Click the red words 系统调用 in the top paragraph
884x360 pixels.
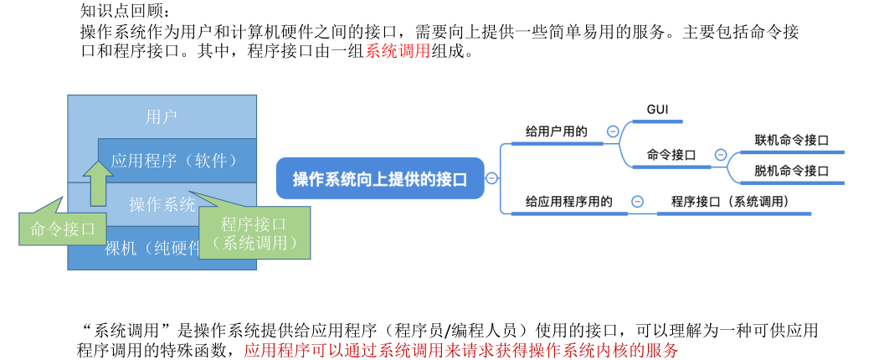398,51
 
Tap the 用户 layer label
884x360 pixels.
161,116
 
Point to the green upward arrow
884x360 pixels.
98,183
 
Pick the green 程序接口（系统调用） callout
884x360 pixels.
254,233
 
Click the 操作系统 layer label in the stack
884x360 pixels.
162,203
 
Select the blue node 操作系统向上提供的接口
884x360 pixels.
379,178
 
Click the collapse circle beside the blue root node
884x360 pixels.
491,178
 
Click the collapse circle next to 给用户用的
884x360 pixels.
613,131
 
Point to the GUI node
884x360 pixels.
657,110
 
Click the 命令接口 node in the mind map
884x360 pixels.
671,155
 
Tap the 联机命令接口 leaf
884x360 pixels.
791,140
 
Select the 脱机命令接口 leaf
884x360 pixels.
791,170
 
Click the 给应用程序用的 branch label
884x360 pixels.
568,202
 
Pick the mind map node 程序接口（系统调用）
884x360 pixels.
729,202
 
